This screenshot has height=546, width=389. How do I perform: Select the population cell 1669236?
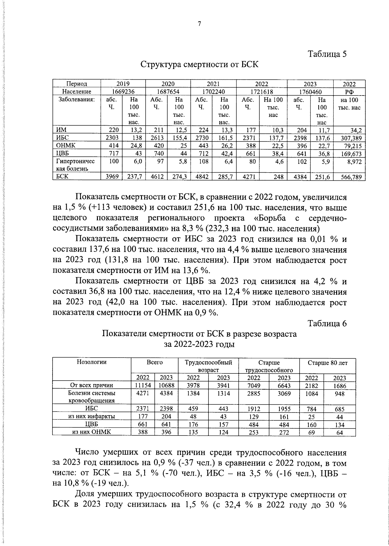pyautogui.click(x=123, y=92)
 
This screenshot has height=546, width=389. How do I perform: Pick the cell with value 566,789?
pyautogui.click(x=349, y=177)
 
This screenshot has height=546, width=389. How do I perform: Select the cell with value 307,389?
pyautogui.click(x=349, y=138)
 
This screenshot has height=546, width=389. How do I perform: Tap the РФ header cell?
pyautogui.click(x=349, y=92)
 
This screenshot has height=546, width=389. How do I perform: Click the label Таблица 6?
pyautogui.click(x=327, y=323)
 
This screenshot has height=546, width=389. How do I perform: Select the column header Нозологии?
pyautogui.click(x=91, y=363)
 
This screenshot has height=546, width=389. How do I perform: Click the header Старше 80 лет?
pyautogui.click(x=327, y=363)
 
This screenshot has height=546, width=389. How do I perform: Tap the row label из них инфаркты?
pyautogui.click(x=91, y=416)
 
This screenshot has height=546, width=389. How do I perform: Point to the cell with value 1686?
pyautogui.click(x=339, y=386)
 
